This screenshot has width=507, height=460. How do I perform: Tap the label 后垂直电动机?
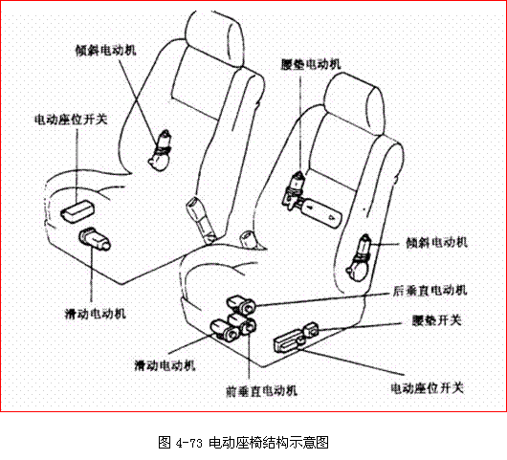[x=430, y=290]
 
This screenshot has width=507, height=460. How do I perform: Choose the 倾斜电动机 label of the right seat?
[x=436, y=243]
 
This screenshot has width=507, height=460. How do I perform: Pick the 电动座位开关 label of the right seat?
[x=428, y=387]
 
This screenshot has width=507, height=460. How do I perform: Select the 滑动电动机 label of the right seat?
[x=165, y=365]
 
